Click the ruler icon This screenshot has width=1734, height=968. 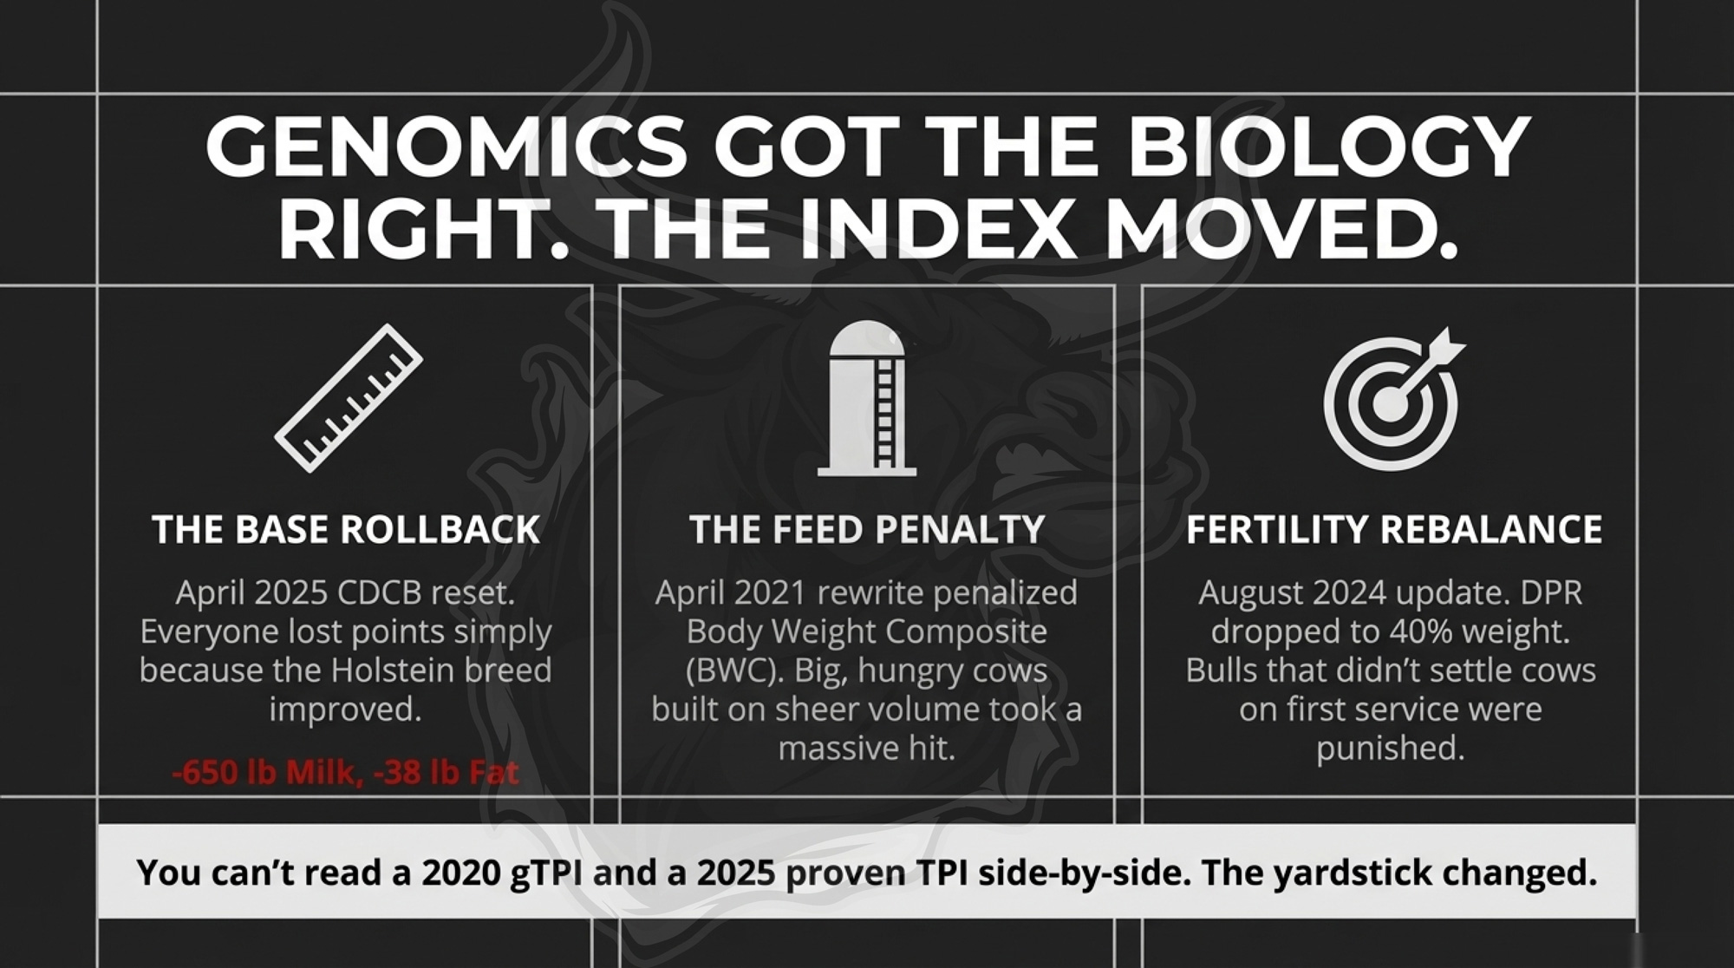point(349,398)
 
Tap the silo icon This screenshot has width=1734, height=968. point(867,398)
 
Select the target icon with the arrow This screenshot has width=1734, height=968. point(1392,399)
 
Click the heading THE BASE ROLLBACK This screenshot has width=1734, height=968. point(346,529)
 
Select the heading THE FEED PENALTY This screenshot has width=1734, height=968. point(867,529)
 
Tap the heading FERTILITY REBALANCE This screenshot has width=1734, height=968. point(1394,529)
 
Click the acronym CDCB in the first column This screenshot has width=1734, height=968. point(379,593)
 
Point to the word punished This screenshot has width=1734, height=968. point(1391,749)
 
